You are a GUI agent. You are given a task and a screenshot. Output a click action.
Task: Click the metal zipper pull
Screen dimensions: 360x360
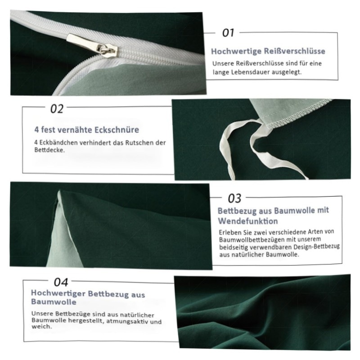pyautogui.click(x=92, y=45)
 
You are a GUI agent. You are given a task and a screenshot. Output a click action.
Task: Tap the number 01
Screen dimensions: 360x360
pyautogui.click(x=228, y=33)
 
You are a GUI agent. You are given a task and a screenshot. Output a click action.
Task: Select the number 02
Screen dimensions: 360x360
pyautogui.click(x=57, y=109)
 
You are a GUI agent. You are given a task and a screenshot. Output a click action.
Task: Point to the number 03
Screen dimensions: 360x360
pyautogui.click(x=234, y=198)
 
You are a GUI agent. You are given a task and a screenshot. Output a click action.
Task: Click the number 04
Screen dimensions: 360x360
pyautogui.click(x=61, y=282)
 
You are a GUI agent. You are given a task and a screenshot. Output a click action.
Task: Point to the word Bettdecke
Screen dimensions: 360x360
pyautogui.click(x=49, y=150)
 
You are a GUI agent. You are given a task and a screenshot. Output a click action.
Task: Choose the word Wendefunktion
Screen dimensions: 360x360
pyautogui.click(x=248, y=221)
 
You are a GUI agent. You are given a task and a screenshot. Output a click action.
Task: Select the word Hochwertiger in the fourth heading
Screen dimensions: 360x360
pyautogui.click(x=58, y=293)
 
